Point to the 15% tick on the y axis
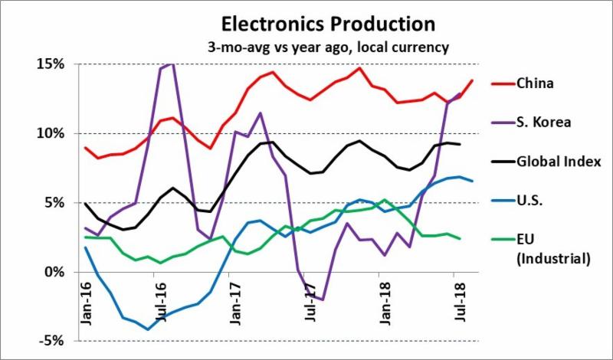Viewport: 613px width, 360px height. click(x=51, y=64)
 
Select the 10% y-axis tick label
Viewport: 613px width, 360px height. click(x=51, y=133)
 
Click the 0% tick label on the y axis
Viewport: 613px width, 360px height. click(x=54, y=272)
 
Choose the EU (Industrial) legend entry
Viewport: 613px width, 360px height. click(x=551, y=250)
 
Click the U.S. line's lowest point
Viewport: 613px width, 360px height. click(x=147, y=329)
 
